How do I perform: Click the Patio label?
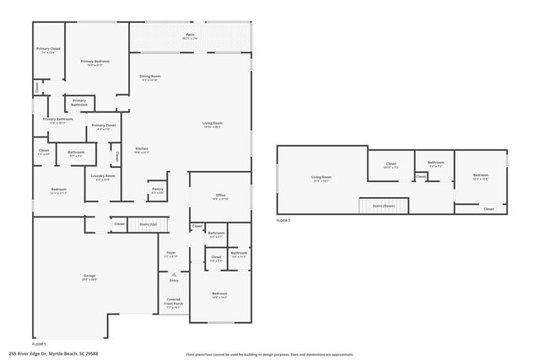(x=190, y=36)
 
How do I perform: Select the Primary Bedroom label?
(x=97, y=63)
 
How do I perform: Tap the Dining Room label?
(x=150, y=78)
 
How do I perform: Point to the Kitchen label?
(x=142, y=151)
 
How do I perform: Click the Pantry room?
(x=157, y=191)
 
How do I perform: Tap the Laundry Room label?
(x=102, y=177)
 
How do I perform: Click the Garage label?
(x=89, y=277)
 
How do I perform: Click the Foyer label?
(x=170, y=255)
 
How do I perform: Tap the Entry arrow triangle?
(x=172, y=274)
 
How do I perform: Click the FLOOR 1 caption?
(x=40, y=344)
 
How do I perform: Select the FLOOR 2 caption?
(x=283, y=220)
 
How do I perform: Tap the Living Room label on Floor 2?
(x=321, y=179)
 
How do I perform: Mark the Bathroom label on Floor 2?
(x=435, y=164)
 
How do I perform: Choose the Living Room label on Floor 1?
(x=212, y=125)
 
